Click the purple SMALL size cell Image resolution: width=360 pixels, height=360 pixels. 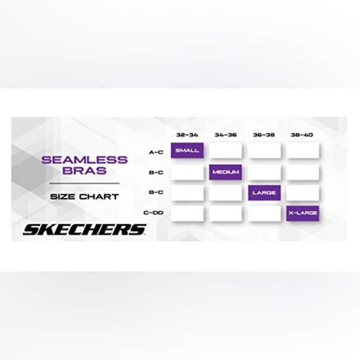point(187,150)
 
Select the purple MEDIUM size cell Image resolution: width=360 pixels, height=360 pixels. point(225,172)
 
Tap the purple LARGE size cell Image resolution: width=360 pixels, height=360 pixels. point(264,192)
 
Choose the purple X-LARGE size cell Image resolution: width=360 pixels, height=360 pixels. point(303,214)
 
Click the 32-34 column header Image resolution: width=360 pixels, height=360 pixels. point(187,135)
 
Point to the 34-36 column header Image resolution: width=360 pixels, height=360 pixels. point(225,135)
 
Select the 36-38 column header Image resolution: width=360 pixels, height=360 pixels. point(264,135)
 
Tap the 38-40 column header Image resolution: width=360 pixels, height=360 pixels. point(302,135)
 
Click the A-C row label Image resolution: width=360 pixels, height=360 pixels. point(156,152)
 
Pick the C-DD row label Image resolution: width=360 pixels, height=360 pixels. point(153,213)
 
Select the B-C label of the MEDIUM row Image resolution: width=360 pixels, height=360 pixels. point(156,173)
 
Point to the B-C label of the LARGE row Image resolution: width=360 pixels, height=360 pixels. point(156,192)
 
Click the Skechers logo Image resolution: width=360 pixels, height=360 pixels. point(84,230)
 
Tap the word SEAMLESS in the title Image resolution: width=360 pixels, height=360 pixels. point(84,160)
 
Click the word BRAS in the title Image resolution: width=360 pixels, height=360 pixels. point(84,171)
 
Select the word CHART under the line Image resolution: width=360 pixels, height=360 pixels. point(99,197)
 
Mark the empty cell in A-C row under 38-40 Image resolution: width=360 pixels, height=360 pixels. point(303,150)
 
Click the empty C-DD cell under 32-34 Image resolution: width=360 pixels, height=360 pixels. point(187,214)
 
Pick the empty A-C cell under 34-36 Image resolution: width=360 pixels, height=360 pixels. point(225,150)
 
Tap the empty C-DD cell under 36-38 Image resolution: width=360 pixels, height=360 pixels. point(264,214)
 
